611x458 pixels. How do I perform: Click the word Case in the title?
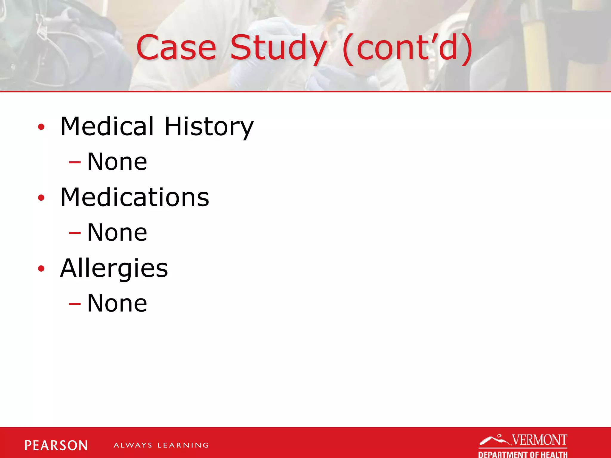[176, 48]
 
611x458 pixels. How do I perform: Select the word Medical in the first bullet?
[107, 126]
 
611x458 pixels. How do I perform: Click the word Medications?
[135, 197]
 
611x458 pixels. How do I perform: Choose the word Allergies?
[114, 268]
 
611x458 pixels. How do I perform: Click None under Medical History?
[117, 162]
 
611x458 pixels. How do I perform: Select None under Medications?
[117, 233]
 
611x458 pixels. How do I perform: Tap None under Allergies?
[117, 304]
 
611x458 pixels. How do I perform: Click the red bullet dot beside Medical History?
[41, 127]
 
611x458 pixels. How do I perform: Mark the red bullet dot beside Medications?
[41, 198]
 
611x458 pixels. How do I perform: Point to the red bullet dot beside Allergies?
[41, 269]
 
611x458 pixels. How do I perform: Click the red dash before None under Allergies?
[75, 304]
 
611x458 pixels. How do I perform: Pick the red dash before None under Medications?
[75, 233]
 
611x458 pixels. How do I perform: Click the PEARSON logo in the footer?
[56, 445]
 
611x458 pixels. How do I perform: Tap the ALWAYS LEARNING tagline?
[161, 445]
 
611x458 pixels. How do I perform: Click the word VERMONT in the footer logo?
[539, 440]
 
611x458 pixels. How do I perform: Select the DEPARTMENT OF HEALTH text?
[523, 454]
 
